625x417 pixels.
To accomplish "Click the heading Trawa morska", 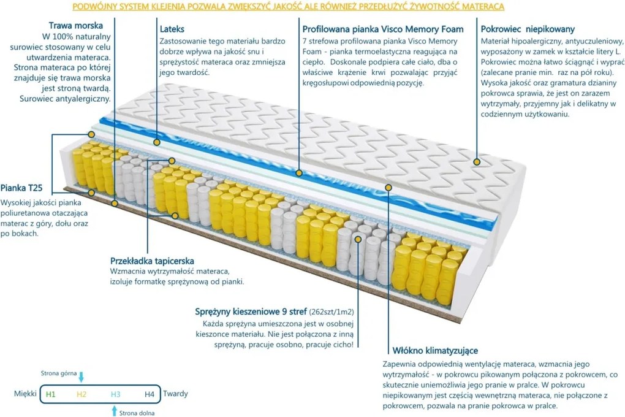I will tap(75, 26).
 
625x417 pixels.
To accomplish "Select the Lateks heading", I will tap(172, 29).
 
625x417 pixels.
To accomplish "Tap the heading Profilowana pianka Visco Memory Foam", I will tap(383, 29).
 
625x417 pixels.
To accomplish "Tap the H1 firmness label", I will tap(50, 394).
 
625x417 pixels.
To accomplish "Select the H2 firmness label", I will tap(82, 394).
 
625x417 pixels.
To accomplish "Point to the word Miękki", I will tap(25, 394).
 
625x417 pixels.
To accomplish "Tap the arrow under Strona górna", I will tap(81, 377).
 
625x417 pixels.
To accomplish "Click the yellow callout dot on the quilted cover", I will tap(477, 161).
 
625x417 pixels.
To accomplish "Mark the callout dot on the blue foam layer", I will tap(298, 173).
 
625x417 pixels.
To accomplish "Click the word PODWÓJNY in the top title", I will tap(93, 7).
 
